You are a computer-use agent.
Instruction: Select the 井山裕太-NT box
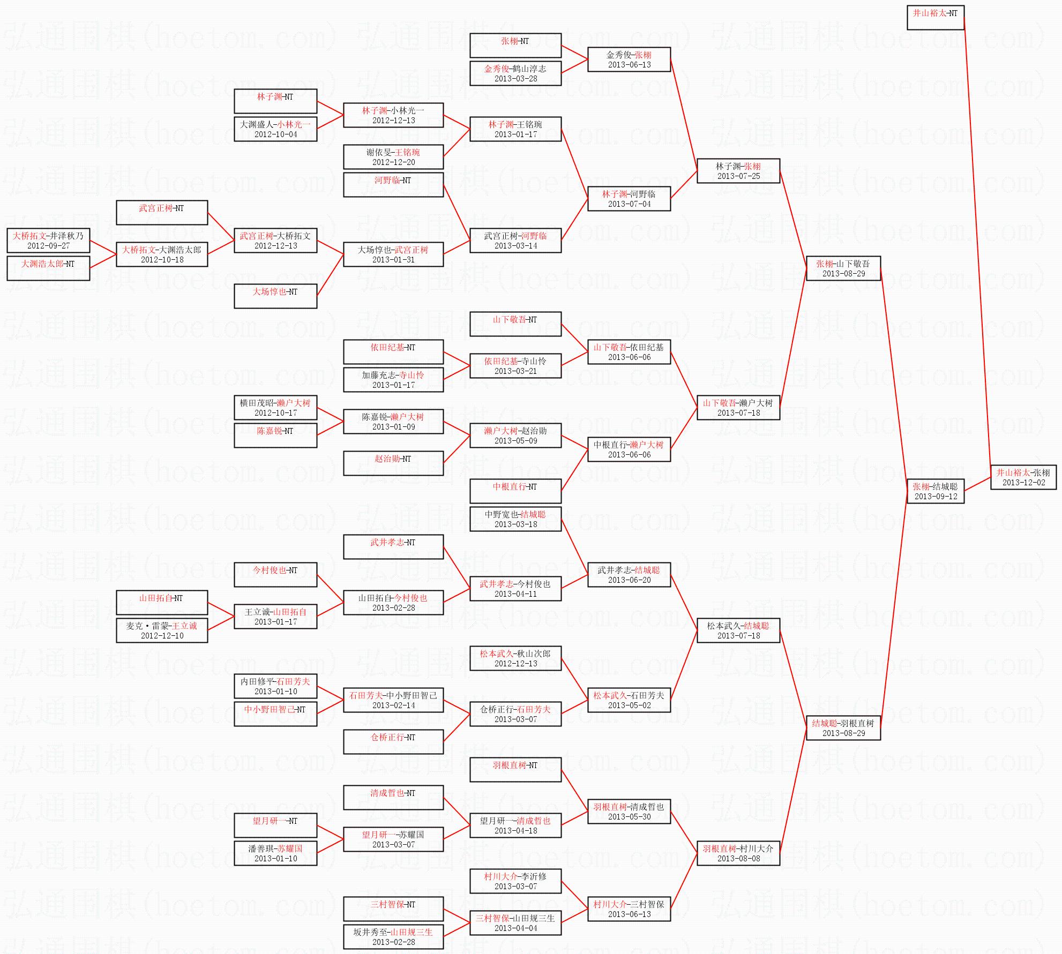click(935, 18)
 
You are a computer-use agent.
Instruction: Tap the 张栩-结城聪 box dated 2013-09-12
click(935, 491)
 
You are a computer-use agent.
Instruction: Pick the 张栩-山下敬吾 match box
click(843, 268)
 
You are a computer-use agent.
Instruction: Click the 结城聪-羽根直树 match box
click(843, 728)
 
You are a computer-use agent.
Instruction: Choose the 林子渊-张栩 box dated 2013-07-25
click(738, 171)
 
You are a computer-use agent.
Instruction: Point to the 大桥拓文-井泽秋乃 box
click(48, 241)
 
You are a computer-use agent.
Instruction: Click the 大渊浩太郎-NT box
click(48, 268)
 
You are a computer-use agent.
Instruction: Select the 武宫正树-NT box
click(161, 213)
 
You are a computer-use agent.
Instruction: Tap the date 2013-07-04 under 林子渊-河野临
click(629, 204)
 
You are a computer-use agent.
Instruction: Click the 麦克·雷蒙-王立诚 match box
click(161, 630)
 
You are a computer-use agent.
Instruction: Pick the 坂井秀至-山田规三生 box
click(393, 937)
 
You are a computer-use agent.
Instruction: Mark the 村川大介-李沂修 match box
click(515, 881)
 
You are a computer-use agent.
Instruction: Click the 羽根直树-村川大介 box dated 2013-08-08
click(738, 853)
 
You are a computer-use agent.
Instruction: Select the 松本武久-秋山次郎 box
click(515, 658)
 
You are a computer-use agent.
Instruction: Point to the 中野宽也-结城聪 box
click(515, 519)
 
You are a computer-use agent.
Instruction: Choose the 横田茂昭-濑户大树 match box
click(275, 408)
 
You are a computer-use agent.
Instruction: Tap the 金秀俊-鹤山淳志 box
click(515, 73)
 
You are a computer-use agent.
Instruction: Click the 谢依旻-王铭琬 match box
click(393, 157)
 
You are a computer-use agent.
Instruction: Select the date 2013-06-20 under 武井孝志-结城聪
click(629, 580)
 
